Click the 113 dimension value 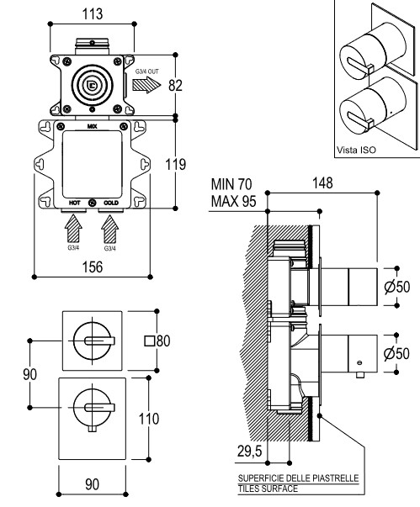pyautogui.click(x=93, y=14)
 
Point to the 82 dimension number pyautogui.click(x=175, y=86)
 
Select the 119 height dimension pyautogui.click(x=176, y=164)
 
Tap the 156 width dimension pyautogui.click(x=93, y=267)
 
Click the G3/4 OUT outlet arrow pyautogui.click(x=146, y=85)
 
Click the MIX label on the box pyautogui.click(x=93, y=126)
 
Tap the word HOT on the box pyautogui.click(x=74, y=203)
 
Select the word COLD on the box pyautogui.click(x=111, y=203)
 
